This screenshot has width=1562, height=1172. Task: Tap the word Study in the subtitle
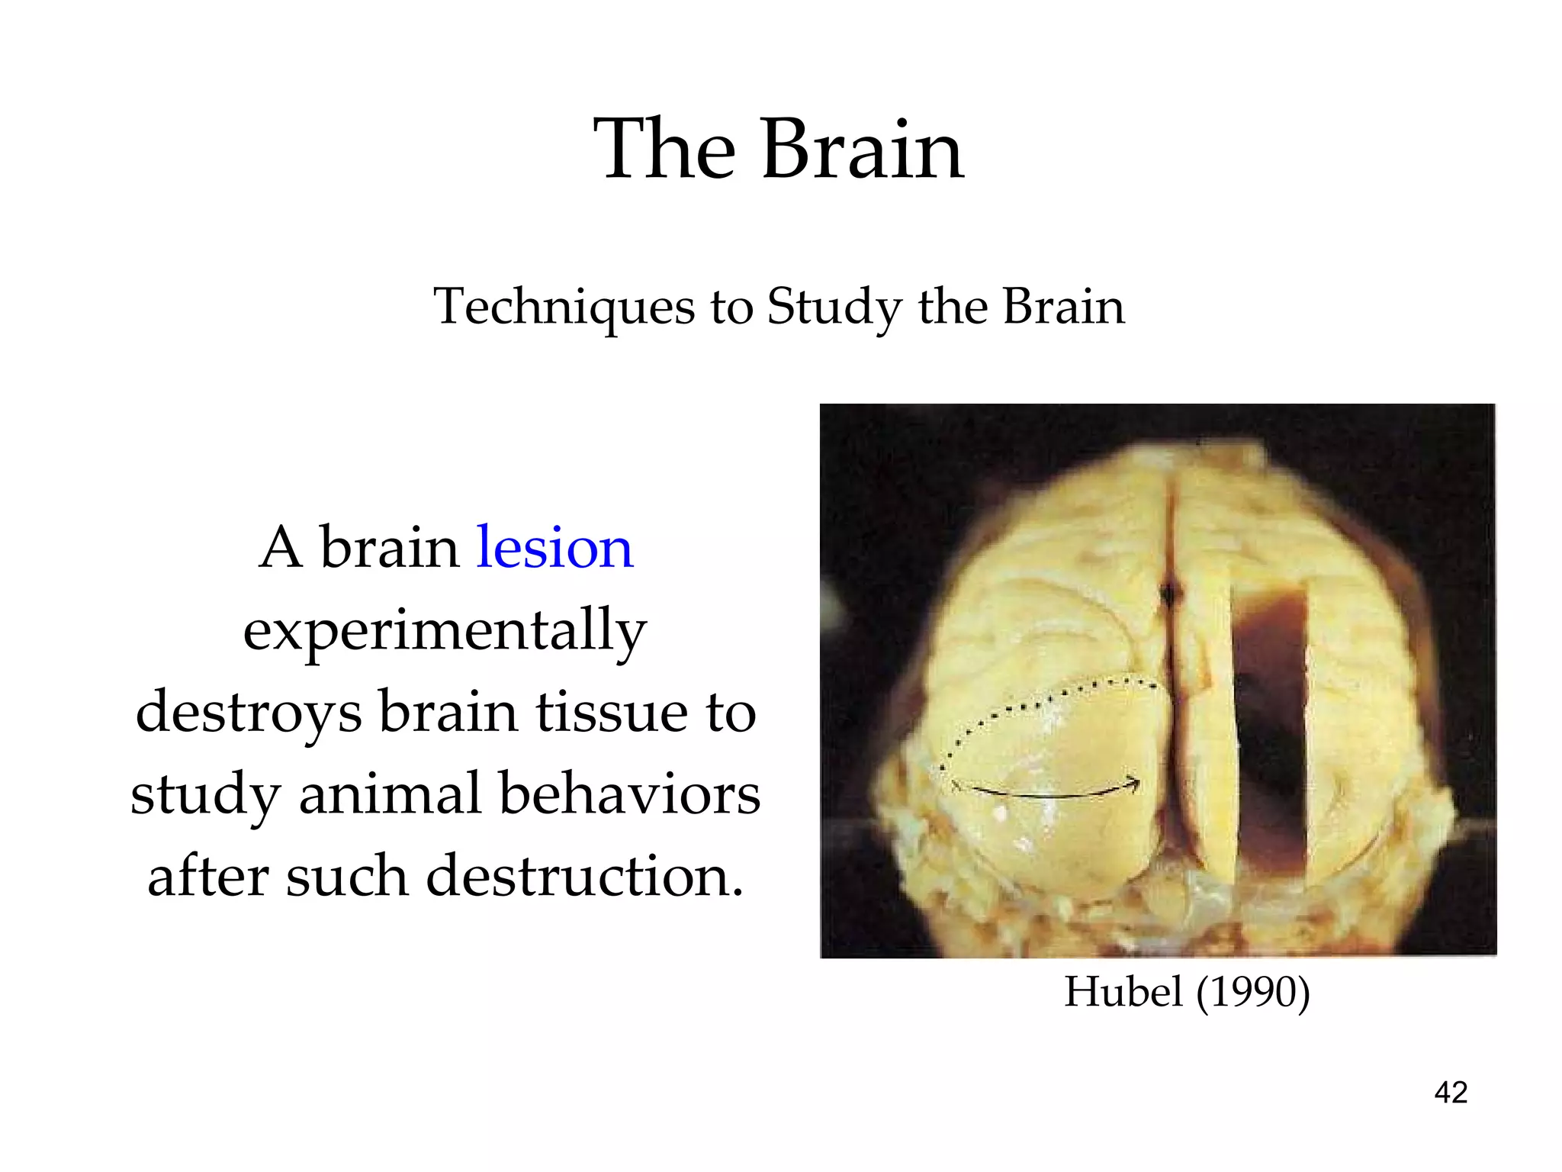point(834,307)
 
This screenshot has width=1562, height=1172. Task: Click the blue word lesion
point(554,548)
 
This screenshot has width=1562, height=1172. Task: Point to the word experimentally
point(445,630)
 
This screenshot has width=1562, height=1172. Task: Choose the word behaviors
point(630,794)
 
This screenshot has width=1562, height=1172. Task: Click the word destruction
point(585,876)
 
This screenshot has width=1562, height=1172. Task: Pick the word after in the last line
point(208,876)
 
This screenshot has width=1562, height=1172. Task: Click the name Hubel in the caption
point(1123,992)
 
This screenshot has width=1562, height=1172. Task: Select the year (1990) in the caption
point(1253,992)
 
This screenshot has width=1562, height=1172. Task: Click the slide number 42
point(1451,1093)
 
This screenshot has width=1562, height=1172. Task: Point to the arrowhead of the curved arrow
point(1134,784)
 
